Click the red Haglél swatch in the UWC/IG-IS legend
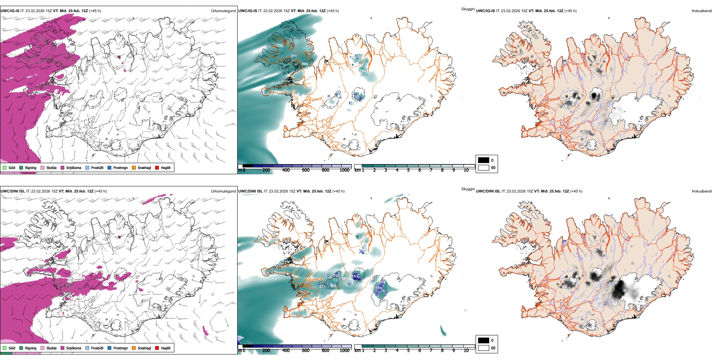pyautogui.click(x=157, y=167)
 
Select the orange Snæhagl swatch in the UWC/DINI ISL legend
pyautogui.click(x=134, y=348)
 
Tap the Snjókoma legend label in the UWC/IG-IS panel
pyautogui.click(x=74, y=167)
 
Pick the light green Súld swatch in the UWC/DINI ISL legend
pyautogui.click(x=5, y=348)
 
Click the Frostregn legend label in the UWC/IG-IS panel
pyautogui.click(x=121, y=167)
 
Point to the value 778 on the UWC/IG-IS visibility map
pyautogui.click(x=280, y=45)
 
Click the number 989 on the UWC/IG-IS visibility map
pyautogui.click(x=305, y=64)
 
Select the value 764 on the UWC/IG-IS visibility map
pyautogui.click(x=363, y=71)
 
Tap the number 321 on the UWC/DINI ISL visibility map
pyautogui.click(x=322, y=286)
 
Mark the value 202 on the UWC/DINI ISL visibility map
pyautogui.click(x=362, y=251)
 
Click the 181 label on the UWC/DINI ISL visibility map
pyautogui.click(x=379, y=288)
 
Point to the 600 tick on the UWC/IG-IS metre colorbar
pyautogui.click(x=305, y=170)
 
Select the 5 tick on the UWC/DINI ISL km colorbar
pyautogui.click(x=408, y=351)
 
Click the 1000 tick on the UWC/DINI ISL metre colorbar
pyautogui.click(x=344, y=351)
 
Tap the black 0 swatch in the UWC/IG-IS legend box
pyautogui.click(x=484, y=160)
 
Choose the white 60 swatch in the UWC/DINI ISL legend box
pyautogui.click(x=484, y=348)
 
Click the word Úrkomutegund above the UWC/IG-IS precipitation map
pyautogui.click(x=223, y=11)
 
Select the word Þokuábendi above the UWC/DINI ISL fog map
pyautogui.click(x=702, y=191)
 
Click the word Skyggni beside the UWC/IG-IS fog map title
pyautogui.click(x=468, y=9)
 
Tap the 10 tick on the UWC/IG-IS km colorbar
pyautogui.click(x=466, y=170)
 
